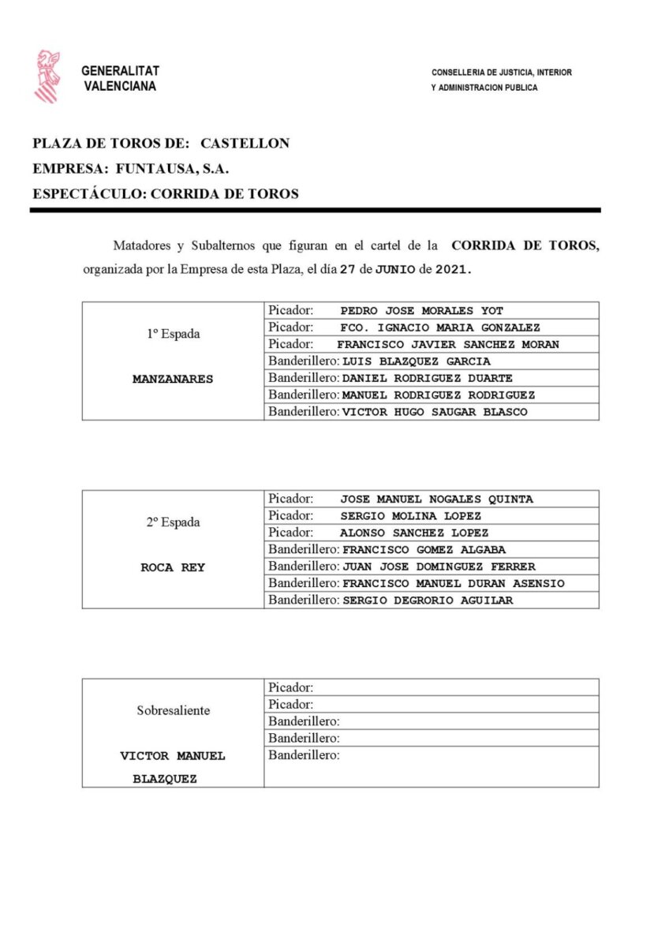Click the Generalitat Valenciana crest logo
click(47, 77)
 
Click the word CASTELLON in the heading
click(245, 144)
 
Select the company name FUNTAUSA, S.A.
click(172, 168)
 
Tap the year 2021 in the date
click(453, 269)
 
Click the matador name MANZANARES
click(173, 379)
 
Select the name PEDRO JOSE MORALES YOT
click(421, 311)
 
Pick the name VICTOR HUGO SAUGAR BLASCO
click(435, 412)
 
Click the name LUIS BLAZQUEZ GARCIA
click(417, 361)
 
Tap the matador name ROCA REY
click(173, 567)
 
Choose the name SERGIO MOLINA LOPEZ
click(410, 516)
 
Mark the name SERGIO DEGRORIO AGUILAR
click(428, 601)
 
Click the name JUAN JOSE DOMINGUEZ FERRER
click(439, 567)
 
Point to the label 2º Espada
click(173, 522)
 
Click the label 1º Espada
click(173, 334)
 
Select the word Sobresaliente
click(173, 710)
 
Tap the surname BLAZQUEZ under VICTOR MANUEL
click(165, 779)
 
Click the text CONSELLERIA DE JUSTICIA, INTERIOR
click(501, 73)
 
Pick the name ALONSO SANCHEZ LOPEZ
click(414, 533)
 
